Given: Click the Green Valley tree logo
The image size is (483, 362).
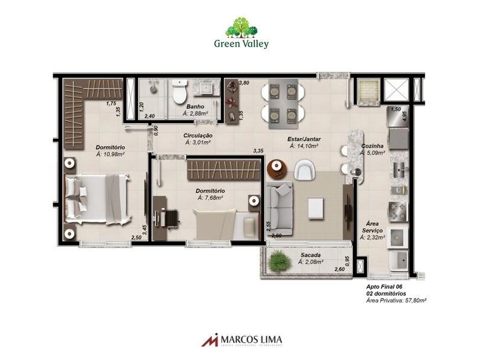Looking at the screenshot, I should [241, 28].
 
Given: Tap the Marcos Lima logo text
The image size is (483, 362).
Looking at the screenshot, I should [249, 340].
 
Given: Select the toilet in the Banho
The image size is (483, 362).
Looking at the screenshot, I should [179, 93].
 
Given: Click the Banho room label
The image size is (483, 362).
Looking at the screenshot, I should [194, 107].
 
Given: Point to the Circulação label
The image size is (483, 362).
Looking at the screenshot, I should [197, 136].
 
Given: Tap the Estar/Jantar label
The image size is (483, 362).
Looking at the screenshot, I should [304, 139].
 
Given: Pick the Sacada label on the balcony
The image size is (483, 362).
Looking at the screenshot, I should [311, 255].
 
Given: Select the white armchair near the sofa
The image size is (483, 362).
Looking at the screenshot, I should [305, 171].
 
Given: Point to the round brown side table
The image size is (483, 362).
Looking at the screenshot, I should [277, 168].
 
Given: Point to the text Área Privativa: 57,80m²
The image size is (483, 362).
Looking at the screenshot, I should [396, 300].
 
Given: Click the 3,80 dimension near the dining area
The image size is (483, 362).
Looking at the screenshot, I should [244, 83].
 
